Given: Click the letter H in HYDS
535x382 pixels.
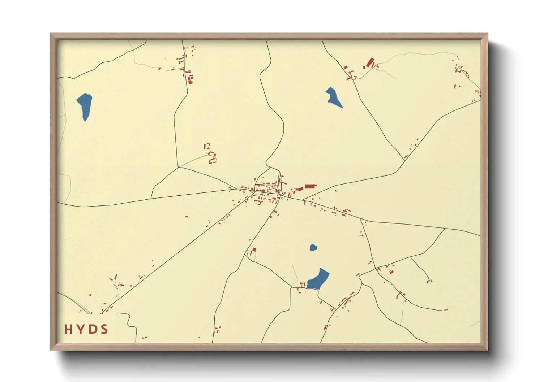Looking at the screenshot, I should (x=68, y=329).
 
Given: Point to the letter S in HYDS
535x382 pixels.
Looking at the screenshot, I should (x=104, y=329).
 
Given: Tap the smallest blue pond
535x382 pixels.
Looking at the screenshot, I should (x=313, y=248).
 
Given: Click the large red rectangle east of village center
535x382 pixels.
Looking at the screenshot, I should (x=310, y=187).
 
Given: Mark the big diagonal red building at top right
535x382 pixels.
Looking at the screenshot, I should (x=370, y=63).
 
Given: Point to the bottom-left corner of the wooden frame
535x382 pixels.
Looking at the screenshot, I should (x=51, y=349).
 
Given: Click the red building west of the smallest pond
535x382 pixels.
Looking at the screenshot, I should (x=254, y=249).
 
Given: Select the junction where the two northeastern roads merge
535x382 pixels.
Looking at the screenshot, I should (x=404, y=160).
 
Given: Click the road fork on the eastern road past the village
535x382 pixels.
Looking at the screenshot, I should (x=361, y=219).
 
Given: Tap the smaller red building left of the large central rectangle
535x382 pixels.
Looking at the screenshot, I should (x=299, y=189).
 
